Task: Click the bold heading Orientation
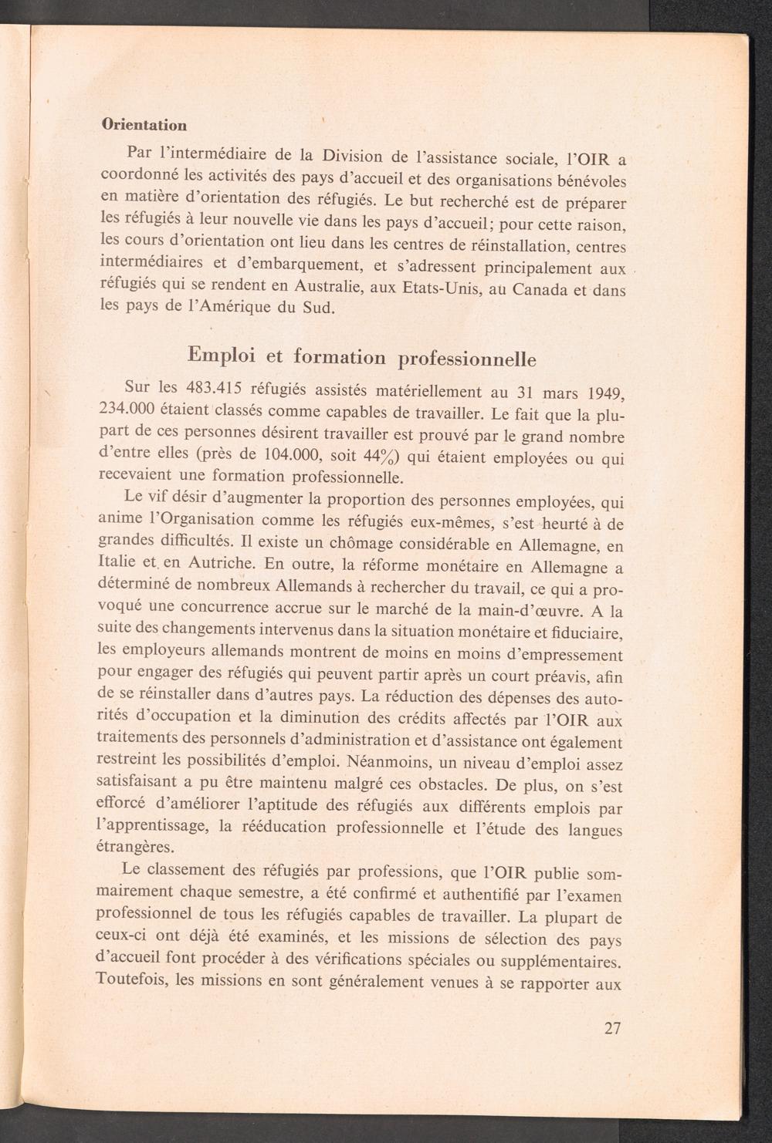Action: tap(144, 124)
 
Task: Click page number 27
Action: tap(613, 1028)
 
